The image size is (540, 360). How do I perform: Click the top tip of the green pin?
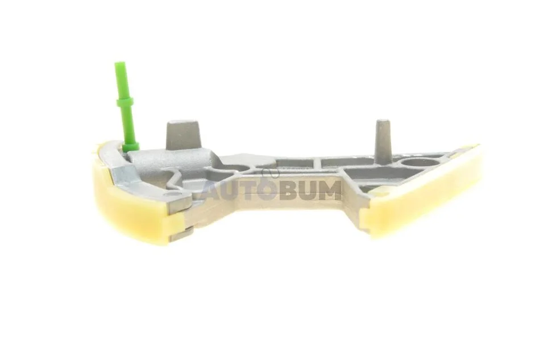(x=120, y=63)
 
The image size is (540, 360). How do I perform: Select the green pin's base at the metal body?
(x=131, y=147)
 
